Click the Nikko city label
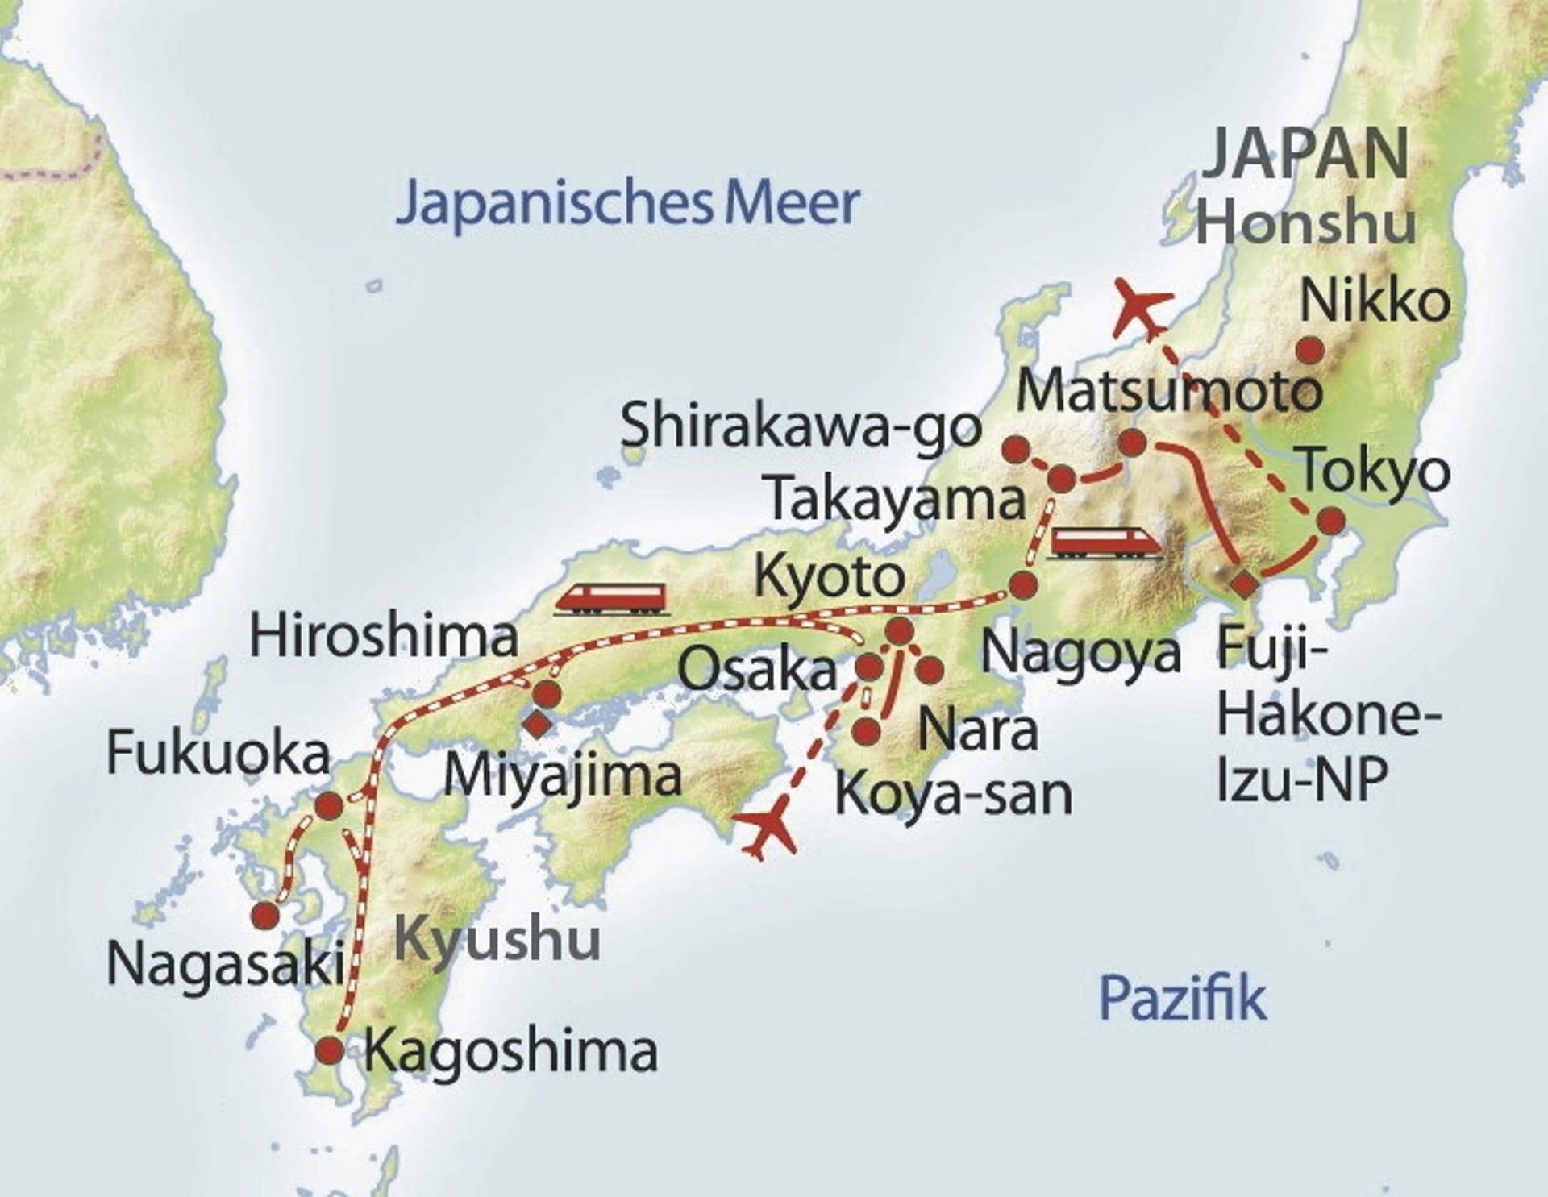(1375, 301)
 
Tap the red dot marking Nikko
(1310, 350)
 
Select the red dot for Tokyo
(1331, 521)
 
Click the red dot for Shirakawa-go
(1015, 449)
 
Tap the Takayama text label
(897, 499)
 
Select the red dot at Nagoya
(1023, 584)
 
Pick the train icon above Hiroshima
(612, 599)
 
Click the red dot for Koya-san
(866, 730)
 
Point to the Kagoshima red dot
(329, 1050)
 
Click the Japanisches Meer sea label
(627, 203)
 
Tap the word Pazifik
(1182, 998)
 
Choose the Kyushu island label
(497, 939)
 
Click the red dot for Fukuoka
(328, 805)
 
